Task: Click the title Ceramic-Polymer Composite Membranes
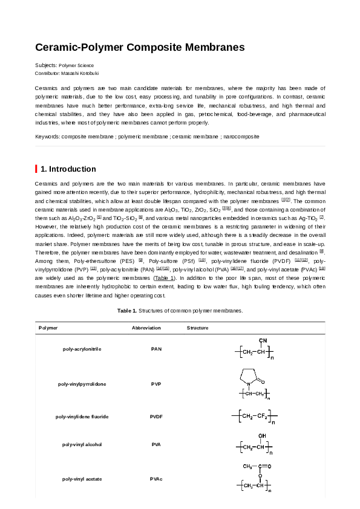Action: coord(140,47)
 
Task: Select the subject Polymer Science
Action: coord(76,65)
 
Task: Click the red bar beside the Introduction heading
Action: coord(36,169)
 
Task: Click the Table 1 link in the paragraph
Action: coord(164,277)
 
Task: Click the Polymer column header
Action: coord(48,328)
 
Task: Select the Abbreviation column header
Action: coord(146,328)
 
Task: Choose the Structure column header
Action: coord(197,328)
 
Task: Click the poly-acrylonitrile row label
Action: coord(82,349)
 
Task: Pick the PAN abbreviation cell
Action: coord(156,349)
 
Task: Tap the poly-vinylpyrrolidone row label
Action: coord(82,384)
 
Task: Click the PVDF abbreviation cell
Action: coord(156,417)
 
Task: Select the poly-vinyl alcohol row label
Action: coord(82,444)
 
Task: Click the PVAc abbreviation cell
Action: coord(156,479)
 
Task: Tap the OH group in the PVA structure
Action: coord(261,435)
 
